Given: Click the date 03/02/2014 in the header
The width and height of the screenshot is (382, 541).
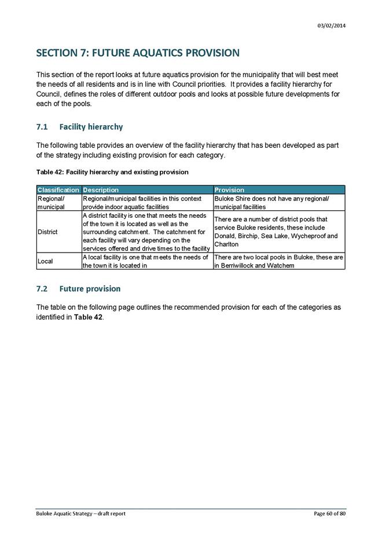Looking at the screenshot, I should tap(332, 25).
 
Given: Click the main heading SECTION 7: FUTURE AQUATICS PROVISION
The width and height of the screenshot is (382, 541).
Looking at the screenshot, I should tap(138, 53).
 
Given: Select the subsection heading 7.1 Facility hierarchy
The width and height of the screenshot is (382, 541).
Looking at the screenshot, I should tap(79, 127).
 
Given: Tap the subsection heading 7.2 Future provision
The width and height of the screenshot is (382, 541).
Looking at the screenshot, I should tap(78, 288).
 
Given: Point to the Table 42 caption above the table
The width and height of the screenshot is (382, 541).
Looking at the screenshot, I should tap(112, 172).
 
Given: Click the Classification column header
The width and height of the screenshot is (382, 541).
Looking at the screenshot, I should tap(58, 190).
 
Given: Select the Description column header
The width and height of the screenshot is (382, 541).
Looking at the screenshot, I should tap(101, 190).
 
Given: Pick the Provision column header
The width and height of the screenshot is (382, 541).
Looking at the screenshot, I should tap(229, 190).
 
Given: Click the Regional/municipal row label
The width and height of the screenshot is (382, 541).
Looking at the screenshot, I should tap(52, 202).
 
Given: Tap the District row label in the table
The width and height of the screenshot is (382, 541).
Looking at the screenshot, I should tap(47, 232).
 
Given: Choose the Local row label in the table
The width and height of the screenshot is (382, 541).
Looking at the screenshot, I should tap(45, 261).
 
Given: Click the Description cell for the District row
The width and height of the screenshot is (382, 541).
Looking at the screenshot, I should tap(147, 232).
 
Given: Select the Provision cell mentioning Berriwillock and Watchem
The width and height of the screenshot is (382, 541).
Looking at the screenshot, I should tap(278, 261).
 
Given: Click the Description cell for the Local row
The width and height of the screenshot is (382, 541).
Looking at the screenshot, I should tap(147, 261).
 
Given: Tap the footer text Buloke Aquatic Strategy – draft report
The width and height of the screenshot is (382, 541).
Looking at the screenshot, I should tap(81, 513).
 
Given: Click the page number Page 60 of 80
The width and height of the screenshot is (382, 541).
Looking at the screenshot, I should tap(329, 513).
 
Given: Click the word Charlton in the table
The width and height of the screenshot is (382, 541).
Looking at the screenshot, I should tap(226, 244).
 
